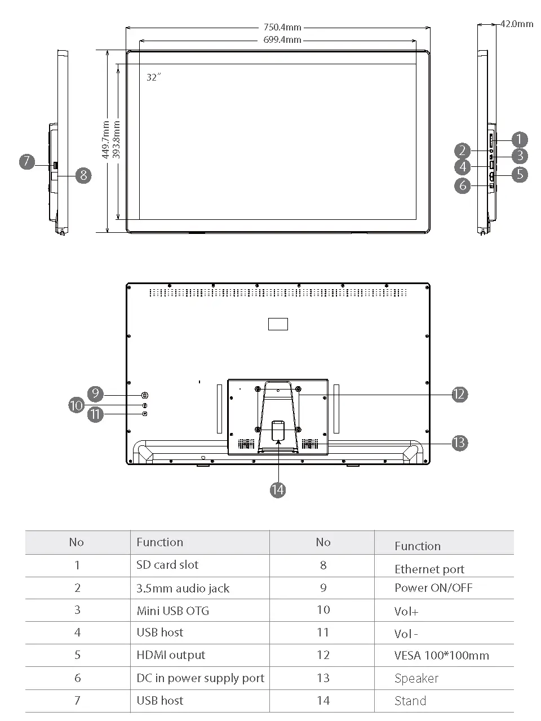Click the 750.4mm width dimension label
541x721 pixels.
[x=282, y=27]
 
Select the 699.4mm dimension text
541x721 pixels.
[x=282, y=40]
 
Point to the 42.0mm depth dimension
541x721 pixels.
[x=516, y=24]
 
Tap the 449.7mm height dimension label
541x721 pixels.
[x=105, y=140]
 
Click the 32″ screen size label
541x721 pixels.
[x=153, y=77]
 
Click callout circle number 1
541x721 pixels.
[x=519, y=139]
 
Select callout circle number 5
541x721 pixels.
[x=520, y=174]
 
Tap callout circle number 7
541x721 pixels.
[x=27, y=162]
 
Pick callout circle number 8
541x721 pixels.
[x=83, y=175]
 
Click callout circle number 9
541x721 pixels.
[x=95, y=393]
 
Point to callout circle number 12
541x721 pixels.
[x=459, y=395]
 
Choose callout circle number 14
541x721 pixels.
[x=277, y=489]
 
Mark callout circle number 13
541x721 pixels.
[x=459, y=443]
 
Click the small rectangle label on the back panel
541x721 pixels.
[x=278, y=324]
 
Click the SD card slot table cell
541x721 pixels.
[x=167, y=565]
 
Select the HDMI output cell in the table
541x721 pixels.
[x=171, y=655]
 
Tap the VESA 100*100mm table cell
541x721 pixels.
[x=442, y=656]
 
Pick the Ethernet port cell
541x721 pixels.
[x=429, y=569]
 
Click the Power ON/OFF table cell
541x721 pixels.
[x=433, y=588]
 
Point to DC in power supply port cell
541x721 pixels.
[x=200, y=678]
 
